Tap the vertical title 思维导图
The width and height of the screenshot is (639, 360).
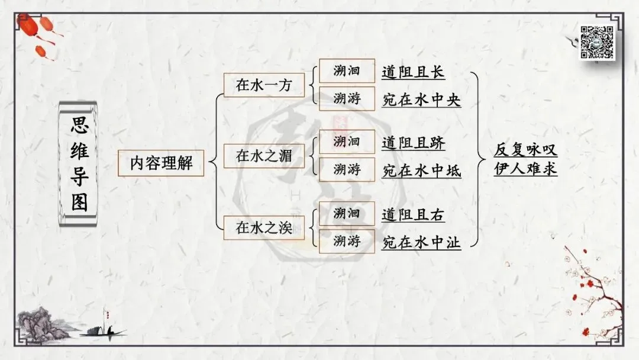(79, 163)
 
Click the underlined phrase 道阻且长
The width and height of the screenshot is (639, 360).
(413, 72)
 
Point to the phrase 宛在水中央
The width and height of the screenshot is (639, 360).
(421, 100)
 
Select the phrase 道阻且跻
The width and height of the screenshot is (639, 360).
(413, 143)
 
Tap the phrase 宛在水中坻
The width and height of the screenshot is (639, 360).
(421, 171)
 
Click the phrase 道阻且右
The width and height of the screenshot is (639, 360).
(413, 214)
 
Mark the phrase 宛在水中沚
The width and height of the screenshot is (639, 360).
(421, 242)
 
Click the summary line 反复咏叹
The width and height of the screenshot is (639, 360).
(525, 150)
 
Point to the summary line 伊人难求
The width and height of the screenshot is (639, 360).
(525, 169)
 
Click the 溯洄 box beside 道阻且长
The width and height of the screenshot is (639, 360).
(347, 71)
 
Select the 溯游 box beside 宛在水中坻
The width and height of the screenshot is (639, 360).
(347, 170)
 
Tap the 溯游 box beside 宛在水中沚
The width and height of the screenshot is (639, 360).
(347, 241)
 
